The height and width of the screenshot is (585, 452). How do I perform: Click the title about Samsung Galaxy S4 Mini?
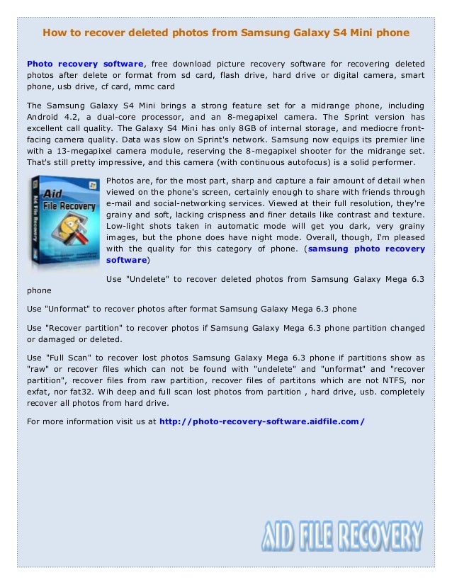(226, 33)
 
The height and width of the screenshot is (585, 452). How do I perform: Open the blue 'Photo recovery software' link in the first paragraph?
(85, 63)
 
